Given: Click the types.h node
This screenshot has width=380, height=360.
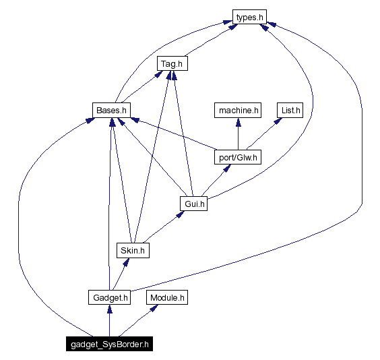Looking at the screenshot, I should click(x=249, y=17).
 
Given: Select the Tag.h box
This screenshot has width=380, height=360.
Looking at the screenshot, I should click(x=172, y=64).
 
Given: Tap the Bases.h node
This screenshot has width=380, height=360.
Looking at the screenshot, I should click(x=110, y=109).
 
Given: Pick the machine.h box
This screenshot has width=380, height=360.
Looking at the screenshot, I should click(x=237, y=109).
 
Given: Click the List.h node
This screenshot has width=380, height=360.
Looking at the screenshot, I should click(x=290, y=109).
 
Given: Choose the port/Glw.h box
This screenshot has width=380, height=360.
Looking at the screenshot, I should click(x=237, y=157).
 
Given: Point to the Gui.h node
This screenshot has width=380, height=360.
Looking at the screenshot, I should click(x=193, y=203).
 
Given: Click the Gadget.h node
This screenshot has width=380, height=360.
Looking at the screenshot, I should click(x=108, y=297).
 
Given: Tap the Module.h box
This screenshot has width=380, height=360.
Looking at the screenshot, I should click(x=167, y=297).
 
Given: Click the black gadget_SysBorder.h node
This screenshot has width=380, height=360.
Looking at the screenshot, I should click(x=108, y=344).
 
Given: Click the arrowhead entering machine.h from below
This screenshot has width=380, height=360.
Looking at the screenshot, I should click(x=237, y=121).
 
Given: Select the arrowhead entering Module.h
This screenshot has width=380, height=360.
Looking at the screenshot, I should click(x=155, y=308).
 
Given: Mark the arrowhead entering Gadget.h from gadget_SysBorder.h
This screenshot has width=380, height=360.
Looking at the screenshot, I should click(x=108, y=309).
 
